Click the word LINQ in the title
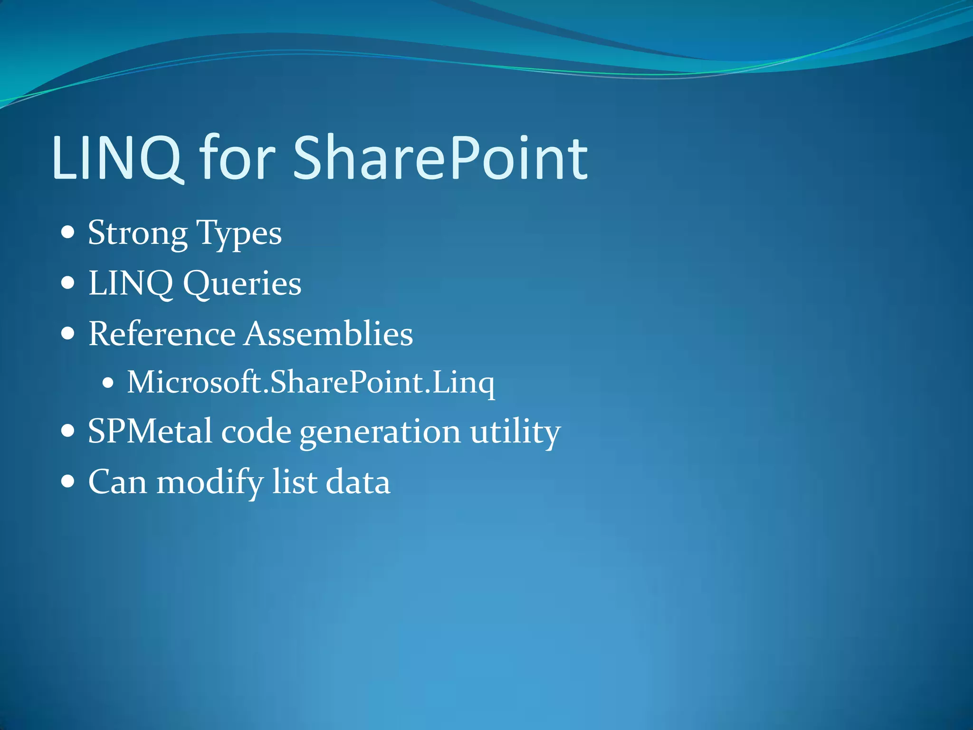coord(117,158)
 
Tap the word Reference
coord(162,334)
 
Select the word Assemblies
coord(329,334)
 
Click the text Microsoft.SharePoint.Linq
coord(311,383)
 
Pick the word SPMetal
coord(150,432)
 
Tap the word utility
coord(515,432)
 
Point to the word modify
coord(210,482)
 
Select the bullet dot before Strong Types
coord(68,233)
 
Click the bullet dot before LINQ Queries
coord(68,283)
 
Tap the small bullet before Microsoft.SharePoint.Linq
coord(108,383)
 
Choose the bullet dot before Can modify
coord(68,481)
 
